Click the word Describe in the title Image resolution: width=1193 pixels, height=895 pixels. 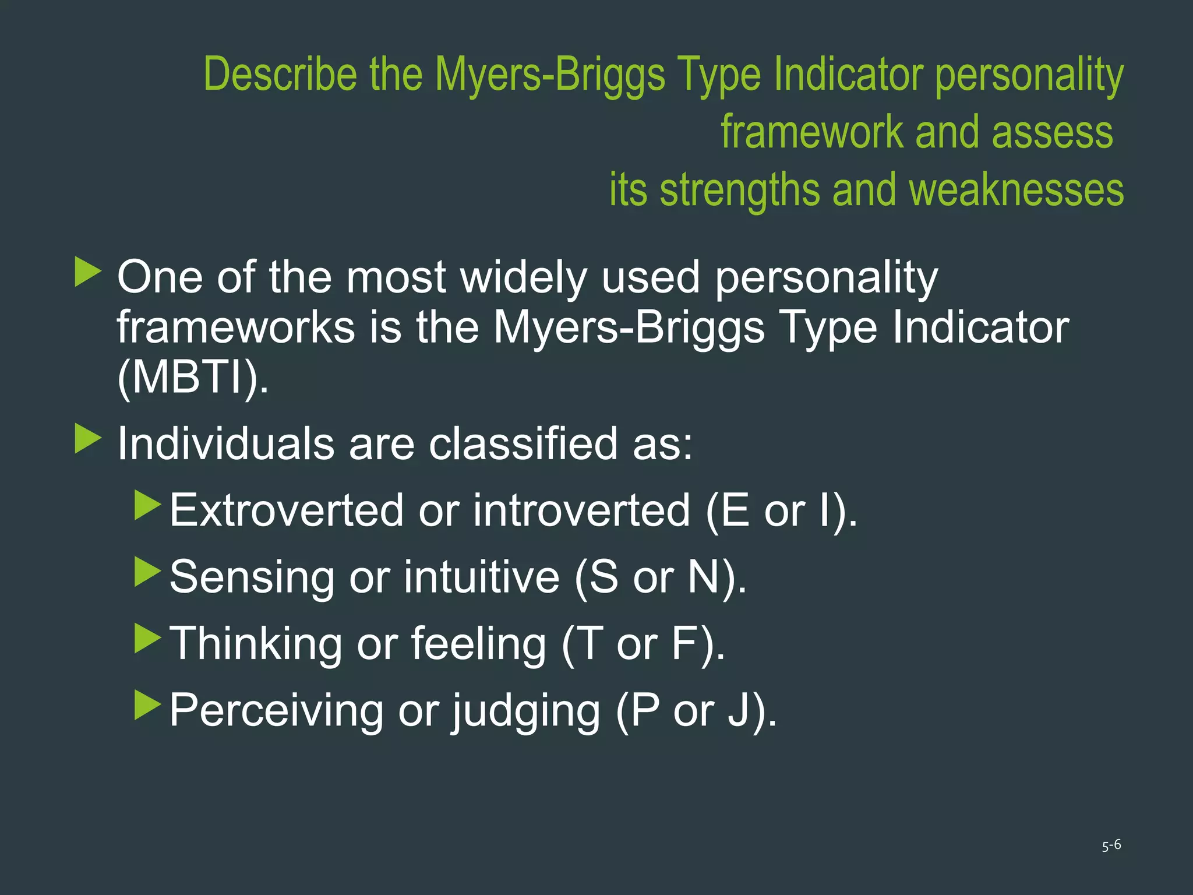(280, 74)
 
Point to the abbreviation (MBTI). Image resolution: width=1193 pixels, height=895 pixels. (193, 378)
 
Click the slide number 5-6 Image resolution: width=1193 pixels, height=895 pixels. (1111, 845)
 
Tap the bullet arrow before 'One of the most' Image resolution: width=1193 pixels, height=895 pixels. (88, 273)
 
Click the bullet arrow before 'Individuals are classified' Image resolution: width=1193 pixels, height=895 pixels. (88, 439)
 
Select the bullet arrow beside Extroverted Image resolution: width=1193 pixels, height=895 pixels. (147, 505)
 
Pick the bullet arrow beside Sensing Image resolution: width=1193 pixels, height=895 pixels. (147, 572)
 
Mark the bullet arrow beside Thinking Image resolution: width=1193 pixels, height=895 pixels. (147, 639)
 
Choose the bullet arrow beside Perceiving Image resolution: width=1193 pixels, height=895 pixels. (147, 705)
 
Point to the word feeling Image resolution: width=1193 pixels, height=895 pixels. (478, 644)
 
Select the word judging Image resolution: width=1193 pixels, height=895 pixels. (526, 711)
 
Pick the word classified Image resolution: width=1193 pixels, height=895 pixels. (523, 443)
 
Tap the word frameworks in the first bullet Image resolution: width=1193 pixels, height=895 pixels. (236, 327)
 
